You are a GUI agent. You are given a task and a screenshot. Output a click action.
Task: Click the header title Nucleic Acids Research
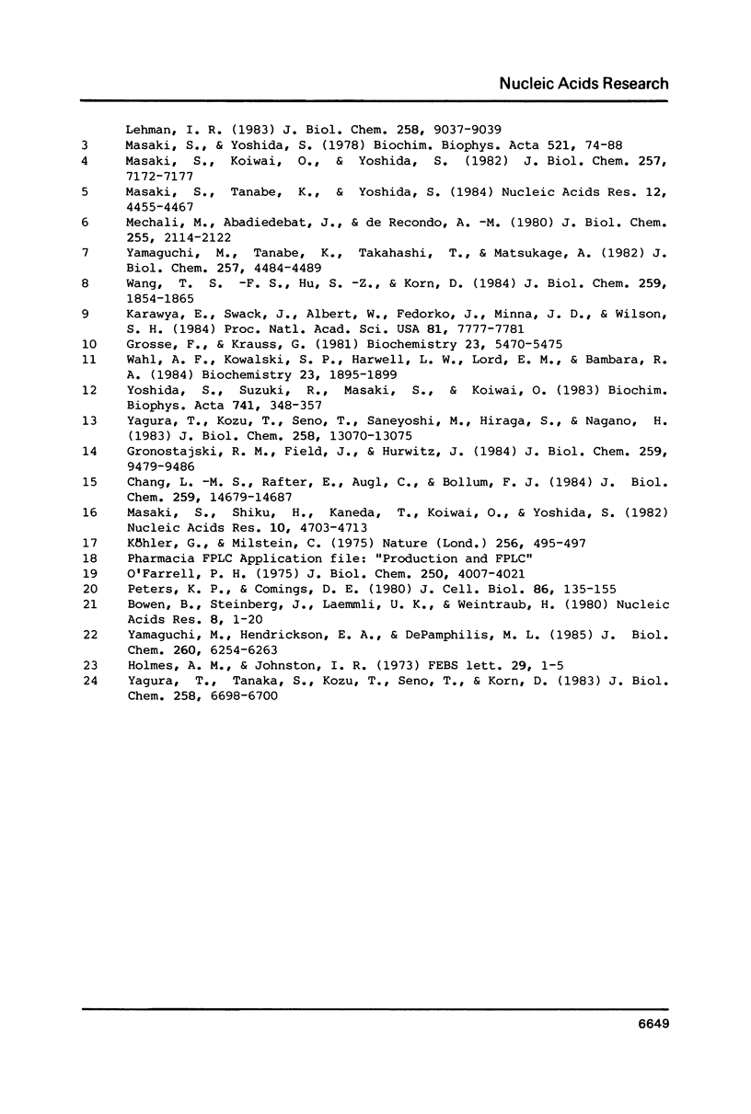(583, 84)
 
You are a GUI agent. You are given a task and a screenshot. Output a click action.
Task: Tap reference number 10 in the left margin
(89, 345)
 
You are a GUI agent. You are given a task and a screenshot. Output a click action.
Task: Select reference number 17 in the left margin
(89, 544)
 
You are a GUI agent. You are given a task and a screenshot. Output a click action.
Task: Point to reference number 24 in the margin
(89, 683)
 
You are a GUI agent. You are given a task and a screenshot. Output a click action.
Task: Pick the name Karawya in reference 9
(153, 316)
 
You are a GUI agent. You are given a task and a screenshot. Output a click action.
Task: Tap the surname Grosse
(149, 345)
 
